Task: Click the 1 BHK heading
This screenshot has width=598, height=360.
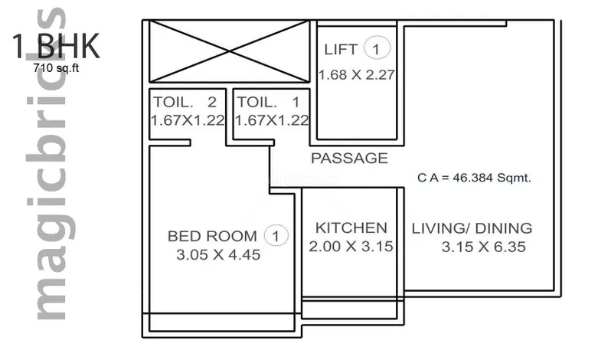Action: click(x=56, y=46)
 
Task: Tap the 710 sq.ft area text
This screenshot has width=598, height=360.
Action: click(x=56, y=68)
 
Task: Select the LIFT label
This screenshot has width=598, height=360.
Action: click(x=341, y=50)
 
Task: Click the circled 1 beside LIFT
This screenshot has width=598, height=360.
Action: click(x=377, y=48)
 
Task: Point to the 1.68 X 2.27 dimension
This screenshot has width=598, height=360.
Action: click(x=356, y=75)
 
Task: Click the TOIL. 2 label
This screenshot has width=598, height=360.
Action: click(x=185, y=102)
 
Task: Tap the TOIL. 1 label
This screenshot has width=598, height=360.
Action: click(x=269, y=102)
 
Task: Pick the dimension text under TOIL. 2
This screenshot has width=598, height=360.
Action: click(x=188, y=120)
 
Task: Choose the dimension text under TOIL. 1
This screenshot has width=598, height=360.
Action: click(x=272, y=120)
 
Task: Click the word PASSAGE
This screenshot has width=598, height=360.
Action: click(x=349, y=159)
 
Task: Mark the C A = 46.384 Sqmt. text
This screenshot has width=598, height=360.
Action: click(x=474, y=178)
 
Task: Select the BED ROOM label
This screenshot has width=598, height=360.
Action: click(x=212, y=236)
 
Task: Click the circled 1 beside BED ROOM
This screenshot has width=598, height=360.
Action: click(x=276, y=236)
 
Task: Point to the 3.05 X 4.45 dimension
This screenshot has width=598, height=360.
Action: click(x=218, y=255)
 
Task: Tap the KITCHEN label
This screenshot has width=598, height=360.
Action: click(x=351, y=228)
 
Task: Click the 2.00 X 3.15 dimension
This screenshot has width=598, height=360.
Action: click(x=351, y=247)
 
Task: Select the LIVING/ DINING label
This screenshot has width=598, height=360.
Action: click(x=472, y=228)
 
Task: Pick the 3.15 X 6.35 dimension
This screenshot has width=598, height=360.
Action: click(x=484, y=247)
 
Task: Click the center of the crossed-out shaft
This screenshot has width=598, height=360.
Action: click(x=229, y=51)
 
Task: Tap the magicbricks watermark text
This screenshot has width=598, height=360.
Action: click(x=51, y=164)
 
